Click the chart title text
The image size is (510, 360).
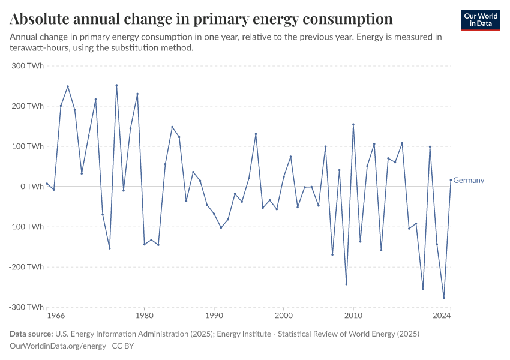coord(201,19)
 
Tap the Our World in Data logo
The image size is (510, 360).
coord(481,20)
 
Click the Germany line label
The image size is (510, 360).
coord(469,180)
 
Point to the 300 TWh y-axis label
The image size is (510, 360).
coord(27,65)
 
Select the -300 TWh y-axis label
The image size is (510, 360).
coord(26,307)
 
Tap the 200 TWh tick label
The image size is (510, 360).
coord(27,106)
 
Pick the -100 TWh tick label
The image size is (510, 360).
coord(26,227)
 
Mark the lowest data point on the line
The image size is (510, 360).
coord(444,298)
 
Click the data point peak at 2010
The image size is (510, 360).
coord(353,124)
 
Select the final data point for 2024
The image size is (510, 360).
coord(451,180)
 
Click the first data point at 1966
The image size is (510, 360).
coord(47,184)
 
